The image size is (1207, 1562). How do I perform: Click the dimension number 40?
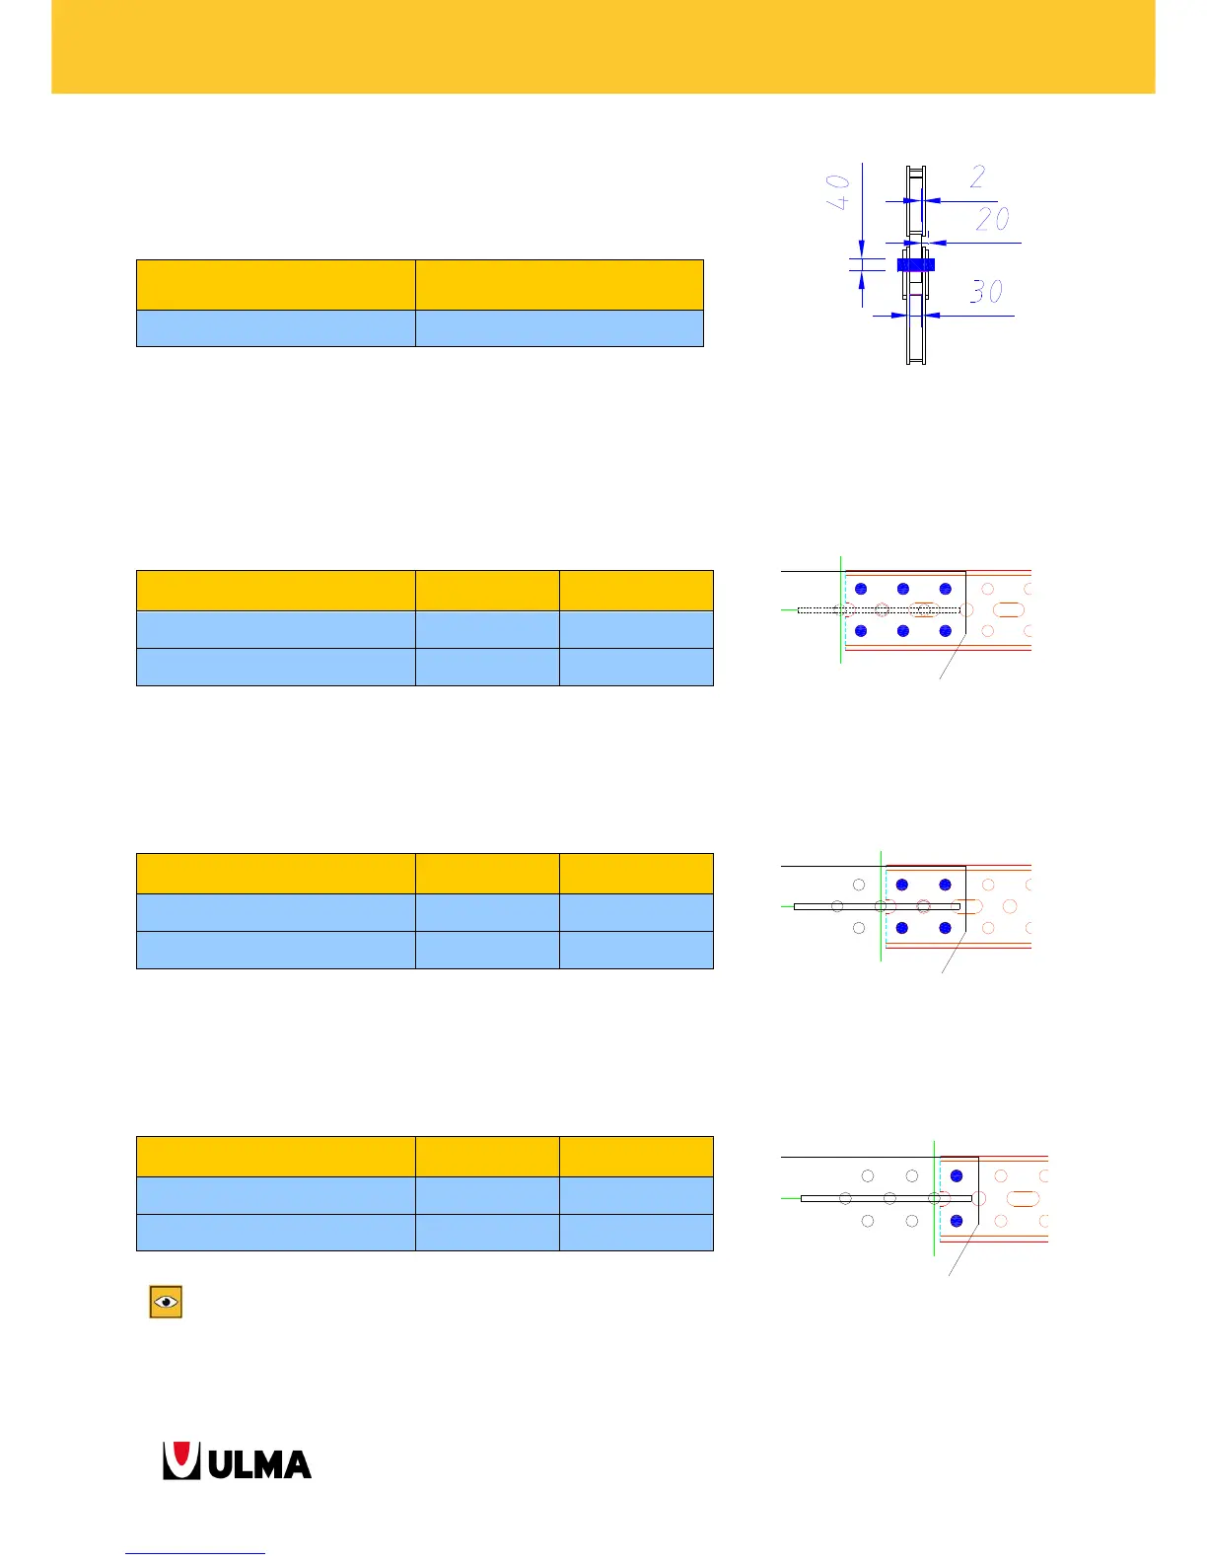coord(837,191)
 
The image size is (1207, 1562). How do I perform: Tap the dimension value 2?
coord(977,177)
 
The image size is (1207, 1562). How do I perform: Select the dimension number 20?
coord(992,218)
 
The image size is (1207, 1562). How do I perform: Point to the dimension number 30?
coord(986,291)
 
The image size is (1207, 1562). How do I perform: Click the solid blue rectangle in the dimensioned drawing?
coord(915,264)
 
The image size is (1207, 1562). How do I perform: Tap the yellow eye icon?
coord(166,1302)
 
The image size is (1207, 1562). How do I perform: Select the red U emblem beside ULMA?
coord(181,1461)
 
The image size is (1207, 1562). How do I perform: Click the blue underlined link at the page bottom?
coord(195,1553)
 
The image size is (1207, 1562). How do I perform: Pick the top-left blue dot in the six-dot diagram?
coord(861,589)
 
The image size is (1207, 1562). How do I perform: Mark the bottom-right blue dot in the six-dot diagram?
coord(946,631)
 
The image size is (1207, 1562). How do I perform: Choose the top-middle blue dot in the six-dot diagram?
coord(903,589)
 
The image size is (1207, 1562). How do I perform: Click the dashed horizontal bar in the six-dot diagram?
coord(878,610)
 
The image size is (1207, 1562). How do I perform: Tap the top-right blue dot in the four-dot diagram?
coord(946,885)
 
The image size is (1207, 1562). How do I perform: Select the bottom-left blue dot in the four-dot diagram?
coord(902,928)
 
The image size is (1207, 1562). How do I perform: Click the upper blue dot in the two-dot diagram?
coord(956,1175)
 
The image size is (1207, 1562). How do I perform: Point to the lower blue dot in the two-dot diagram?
coord(956,1221)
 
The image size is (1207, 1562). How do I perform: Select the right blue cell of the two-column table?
coord(559,328)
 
